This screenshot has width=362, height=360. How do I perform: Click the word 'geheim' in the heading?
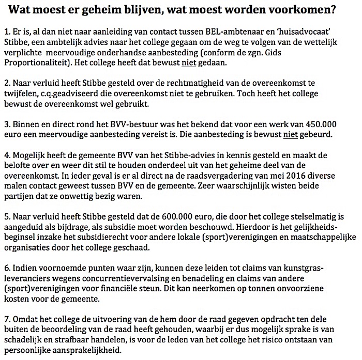tap(111, 9)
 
